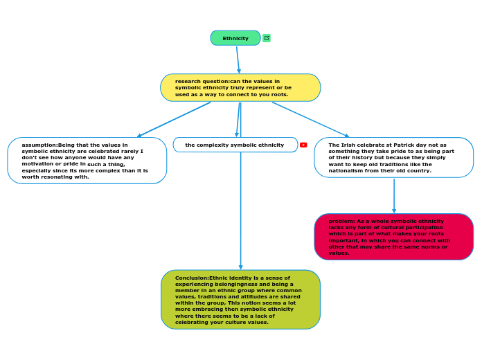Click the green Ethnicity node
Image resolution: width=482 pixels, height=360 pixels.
[235, 38]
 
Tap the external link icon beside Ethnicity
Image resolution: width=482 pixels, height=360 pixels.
[267, 38]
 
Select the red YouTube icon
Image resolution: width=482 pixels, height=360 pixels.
[303, 145]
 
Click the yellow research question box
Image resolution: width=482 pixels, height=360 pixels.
[240, 88]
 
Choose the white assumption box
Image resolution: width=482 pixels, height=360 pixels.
[87, 161]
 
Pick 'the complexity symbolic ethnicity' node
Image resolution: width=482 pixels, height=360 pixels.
[235, 145]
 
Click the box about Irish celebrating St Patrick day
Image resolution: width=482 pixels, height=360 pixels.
[393, 157]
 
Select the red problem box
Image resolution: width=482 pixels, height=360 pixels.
[393, 237]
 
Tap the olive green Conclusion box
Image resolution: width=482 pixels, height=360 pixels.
[240, 299]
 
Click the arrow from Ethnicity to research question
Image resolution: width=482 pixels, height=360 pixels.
[238, 60]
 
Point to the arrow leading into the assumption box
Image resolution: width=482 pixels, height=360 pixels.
[173, 120]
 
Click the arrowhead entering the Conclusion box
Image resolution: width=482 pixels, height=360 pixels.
[240, 267]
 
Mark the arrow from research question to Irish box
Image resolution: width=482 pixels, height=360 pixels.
[310, 119]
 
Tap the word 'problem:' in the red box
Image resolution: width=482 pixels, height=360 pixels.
[341, 221]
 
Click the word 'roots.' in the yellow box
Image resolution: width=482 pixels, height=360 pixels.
[280, 94]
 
